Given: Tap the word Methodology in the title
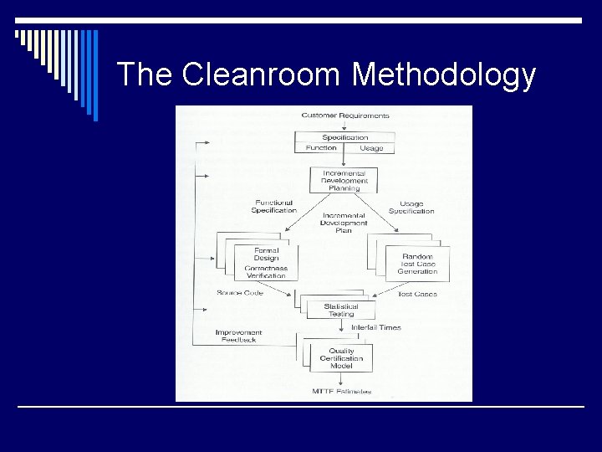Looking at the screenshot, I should pos(444,75).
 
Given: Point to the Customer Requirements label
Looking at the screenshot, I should pos(344,116).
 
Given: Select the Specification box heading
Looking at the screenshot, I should pos(344,137).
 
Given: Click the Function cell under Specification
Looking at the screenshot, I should pos(320,148).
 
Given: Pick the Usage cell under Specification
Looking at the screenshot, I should pos(370,148).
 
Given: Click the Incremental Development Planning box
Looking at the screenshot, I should pos(344,180).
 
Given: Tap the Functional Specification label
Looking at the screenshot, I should pos(273,206).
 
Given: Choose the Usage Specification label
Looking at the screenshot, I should pos(411,207).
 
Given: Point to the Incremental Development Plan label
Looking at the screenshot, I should pos(344,223).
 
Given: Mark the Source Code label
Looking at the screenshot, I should pos(240,293).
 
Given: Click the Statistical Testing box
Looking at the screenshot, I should pos(341,311).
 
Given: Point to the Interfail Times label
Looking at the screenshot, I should pos(375,327).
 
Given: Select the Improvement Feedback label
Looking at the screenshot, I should pos(238,336).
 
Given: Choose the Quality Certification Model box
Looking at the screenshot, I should pos(341,358).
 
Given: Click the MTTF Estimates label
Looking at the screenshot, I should pos(343,391).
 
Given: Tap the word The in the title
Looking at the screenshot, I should pos(145,74).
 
